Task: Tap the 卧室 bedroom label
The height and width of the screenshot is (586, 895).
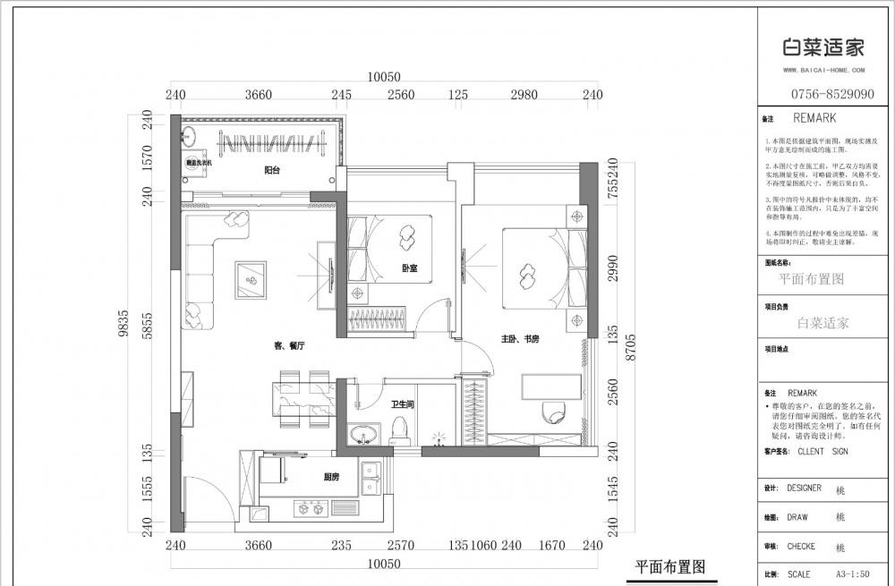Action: coord(409,268)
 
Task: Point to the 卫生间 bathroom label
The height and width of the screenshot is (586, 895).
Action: coord(402,404)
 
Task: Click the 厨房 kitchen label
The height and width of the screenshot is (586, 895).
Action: coord(331,478)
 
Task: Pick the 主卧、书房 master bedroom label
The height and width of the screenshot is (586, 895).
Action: coord(520,339)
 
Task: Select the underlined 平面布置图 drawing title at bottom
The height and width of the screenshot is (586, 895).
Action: coord(670,566)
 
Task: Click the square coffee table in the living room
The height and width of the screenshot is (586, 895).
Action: coord(250,280)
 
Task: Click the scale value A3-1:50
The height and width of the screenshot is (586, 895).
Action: coord(854,573)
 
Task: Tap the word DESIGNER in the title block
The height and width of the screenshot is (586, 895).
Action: coord(805,488)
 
